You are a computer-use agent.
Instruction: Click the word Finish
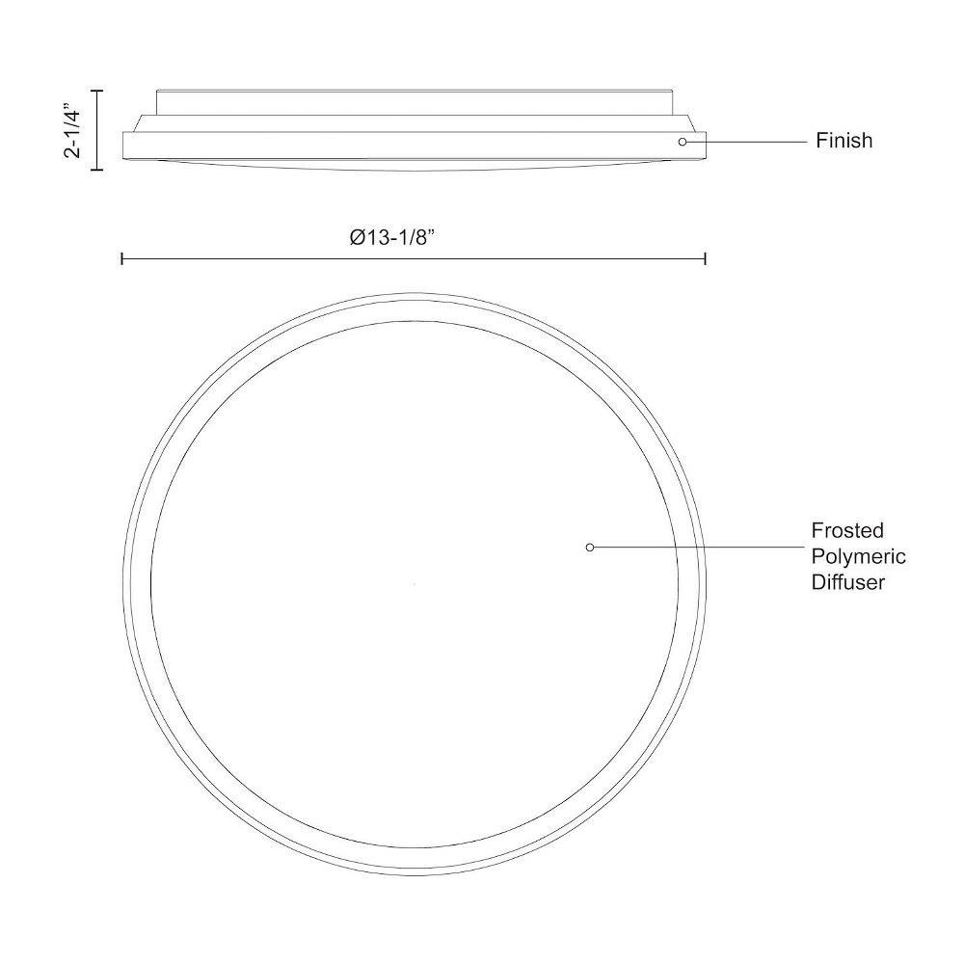843,141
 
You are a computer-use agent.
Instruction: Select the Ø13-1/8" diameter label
392,237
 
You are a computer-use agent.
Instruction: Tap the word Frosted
846,530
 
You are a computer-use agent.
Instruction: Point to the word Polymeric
858,556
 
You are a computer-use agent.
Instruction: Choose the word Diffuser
847,582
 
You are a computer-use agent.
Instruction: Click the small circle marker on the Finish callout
682,142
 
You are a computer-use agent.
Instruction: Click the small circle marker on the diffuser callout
590,548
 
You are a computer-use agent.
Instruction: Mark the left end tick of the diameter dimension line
122,258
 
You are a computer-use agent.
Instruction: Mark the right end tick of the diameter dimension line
705,258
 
